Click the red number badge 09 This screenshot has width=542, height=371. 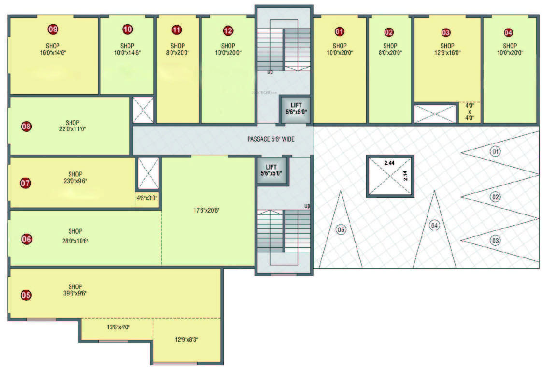click(x=53, y=29)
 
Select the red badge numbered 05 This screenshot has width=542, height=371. click(x=26, y=295)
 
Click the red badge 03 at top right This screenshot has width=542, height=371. click(x=446, y=32)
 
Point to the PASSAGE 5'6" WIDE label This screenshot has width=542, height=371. click(x=271, y=139)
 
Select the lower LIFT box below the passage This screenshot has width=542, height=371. click(x=271, y=170)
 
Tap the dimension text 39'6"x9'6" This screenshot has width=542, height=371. click(x=75, y=293)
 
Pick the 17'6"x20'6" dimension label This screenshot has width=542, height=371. click(x=208, y=210)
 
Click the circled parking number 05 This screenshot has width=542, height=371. click(x=341, y=229)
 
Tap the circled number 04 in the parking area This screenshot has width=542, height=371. click(x=435, y=225)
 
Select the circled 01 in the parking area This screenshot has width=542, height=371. click(x=496, y=152)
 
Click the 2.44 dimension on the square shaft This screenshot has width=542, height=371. click(x=389, y=164)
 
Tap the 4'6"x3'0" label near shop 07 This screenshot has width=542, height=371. click(x=147, y=197)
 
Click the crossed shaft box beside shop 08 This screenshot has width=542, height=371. click(x=143, y=110)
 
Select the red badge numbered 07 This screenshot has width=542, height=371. click(x=26, y=183)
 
